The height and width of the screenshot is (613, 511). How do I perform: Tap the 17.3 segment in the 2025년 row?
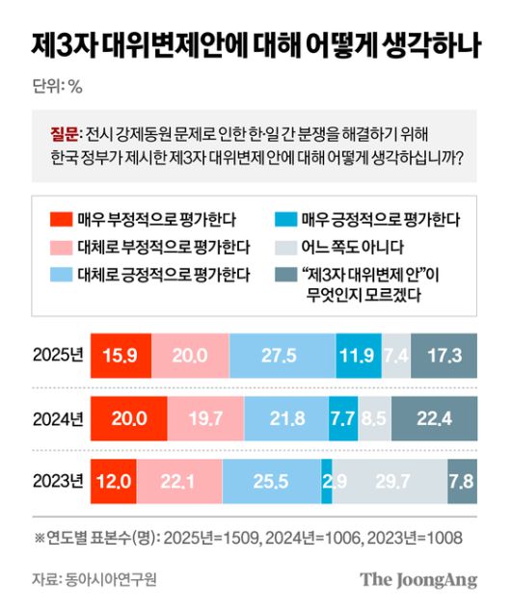click(x=444, y=355)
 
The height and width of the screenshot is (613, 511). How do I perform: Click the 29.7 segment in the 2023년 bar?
click(x=390, y=480)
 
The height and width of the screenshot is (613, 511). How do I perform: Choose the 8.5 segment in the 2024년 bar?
click(x=375, y=417)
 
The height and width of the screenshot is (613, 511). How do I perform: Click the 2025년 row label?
click(x=59, y=355)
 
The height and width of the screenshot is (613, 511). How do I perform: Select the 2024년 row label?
click(x=59, y=417)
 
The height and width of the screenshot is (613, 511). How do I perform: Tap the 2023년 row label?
click(x=59, y=480)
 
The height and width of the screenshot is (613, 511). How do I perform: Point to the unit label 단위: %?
click(x=57, y=86)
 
